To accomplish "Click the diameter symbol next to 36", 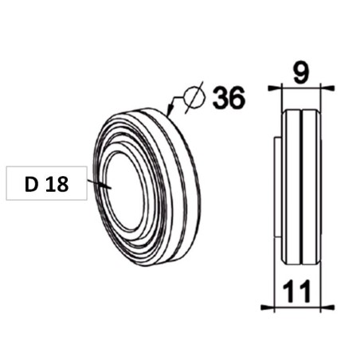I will click(194, 97).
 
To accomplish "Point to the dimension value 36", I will click(229, 97).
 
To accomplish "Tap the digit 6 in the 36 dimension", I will click(237, 97).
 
